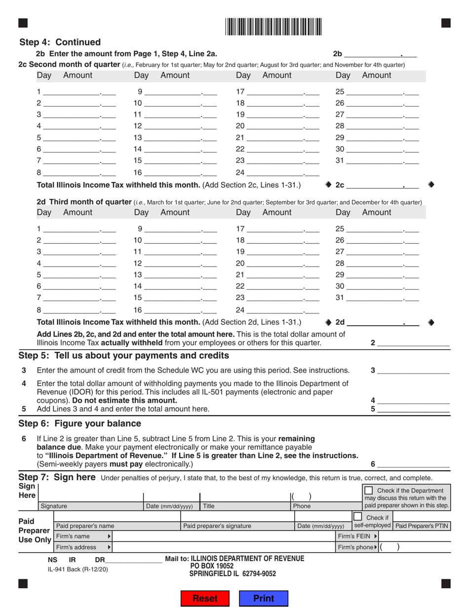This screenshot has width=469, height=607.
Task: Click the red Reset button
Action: tap(205, 598)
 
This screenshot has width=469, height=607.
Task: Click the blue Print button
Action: tap(264, 598)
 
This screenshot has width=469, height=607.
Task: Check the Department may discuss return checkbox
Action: tap(368, 491)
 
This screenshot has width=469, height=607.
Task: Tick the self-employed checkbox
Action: tap(357, 516)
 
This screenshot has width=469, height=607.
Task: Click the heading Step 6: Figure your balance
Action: tap(80, 423)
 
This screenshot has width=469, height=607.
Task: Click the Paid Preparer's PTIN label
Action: tap(422, 526)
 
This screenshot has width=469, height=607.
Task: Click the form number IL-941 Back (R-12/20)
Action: tap(78, 569)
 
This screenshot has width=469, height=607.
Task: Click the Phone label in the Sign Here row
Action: tap(302, 506)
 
